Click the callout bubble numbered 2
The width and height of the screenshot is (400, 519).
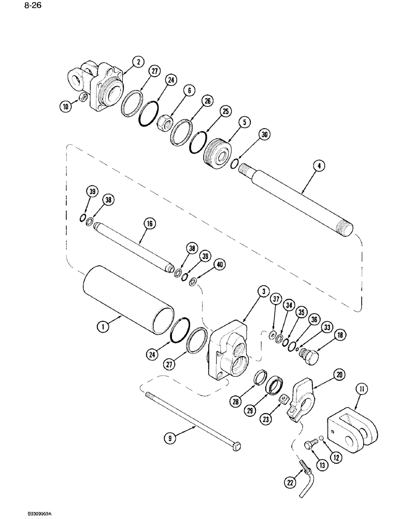(137, 62)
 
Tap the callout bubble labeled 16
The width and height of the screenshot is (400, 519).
(150, 224)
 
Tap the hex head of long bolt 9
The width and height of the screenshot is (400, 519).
(240, 448)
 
